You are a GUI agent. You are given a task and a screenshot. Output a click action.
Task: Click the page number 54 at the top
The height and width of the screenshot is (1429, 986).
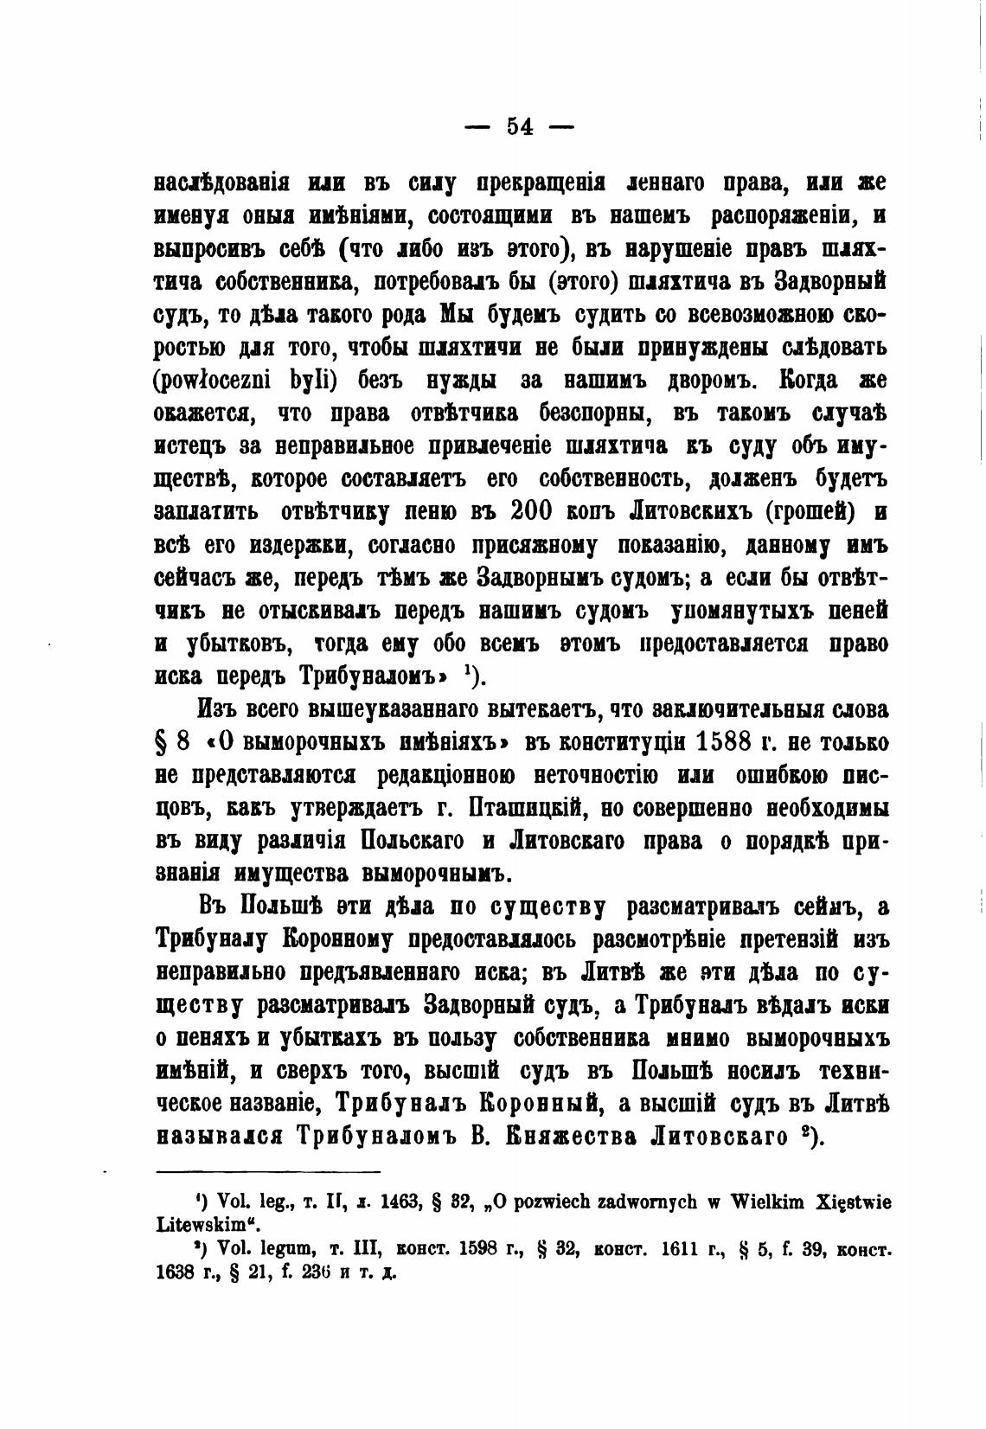click(x=519, y=126)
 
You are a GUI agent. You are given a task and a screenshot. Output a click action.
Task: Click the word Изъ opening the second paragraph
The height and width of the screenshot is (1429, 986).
click(x=217, y=709)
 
